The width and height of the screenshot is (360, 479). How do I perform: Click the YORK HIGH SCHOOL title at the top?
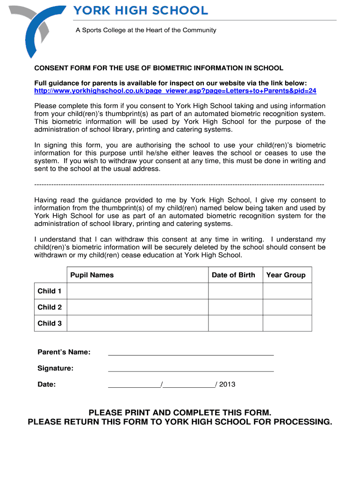pyautogui.click(x=140, y=10)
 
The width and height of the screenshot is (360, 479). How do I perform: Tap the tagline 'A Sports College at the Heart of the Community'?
pyautogui.click(x=146, y=30)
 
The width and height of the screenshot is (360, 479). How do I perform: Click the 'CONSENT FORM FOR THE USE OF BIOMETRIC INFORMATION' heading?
pyautogui.click(x=158, y=68)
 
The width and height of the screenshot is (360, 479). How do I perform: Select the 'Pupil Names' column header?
pyautogui.click(x=92, y=275)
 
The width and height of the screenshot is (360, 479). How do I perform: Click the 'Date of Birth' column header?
pyautogui.click(x=233, y=275)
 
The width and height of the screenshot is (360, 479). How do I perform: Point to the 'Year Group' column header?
pyautogui.click(x=286, y=275)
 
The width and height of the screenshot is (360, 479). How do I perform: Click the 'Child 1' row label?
pyautogui.click(x=50, y=291)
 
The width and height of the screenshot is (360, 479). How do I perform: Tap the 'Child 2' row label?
pyautogui.click(x=50, y=307)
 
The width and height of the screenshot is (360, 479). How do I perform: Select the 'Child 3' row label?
pyautogui.click(x=50, y=323)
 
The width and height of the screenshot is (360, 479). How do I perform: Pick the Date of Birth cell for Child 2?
pyautogui.click(x=235, y=307)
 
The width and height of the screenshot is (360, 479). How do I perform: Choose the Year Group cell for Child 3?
pyautogui.click(x=287, y=323)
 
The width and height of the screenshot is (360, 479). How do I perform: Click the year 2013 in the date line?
pyautogui.click(x=227, y=385)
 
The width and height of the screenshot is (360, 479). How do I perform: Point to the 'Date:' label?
pyautogui.click(x=47, y=385)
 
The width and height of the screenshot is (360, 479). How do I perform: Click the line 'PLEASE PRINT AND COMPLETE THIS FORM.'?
pyautogui.click(x=180, y=413)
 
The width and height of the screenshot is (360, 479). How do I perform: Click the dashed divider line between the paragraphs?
pyautogui.click(x=179, y=184)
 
